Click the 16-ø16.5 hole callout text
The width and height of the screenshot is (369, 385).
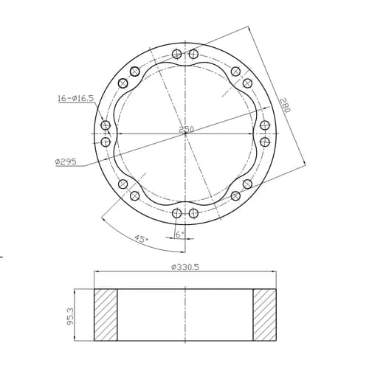point(76,99)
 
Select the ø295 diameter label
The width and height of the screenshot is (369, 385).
point(66,162)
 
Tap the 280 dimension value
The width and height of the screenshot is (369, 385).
point(286,105)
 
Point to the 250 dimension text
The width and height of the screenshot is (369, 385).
point(186,129)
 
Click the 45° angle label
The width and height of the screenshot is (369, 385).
point(141,238)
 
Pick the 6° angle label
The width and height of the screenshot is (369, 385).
point(179,235)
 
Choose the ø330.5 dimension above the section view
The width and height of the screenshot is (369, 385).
point(185,267)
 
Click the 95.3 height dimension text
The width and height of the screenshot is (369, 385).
point(70,316)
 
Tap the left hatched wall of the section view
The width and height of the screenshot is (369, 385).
point(106,315)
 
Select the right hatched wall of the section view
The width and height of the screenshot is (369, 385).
point(265,315)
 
